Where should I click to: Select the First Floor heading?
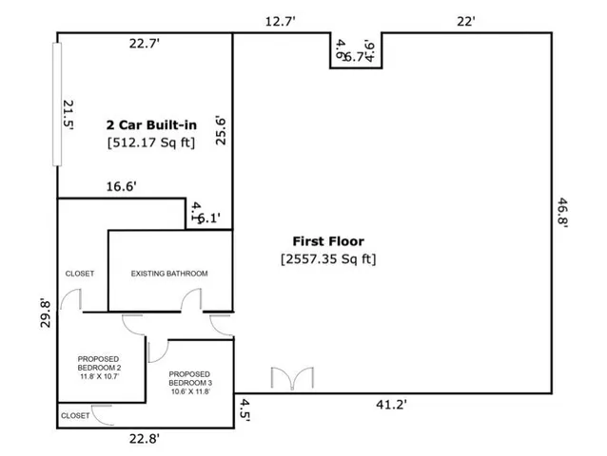coord(327,241)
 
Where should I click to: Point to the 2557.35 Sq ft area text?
coord(328,258)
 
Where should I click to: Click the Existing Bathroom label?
coord(169,274)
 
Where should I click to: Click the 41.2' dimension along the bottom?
coord(391,405)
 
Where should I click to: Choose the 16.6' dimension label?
coord(122,187)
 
